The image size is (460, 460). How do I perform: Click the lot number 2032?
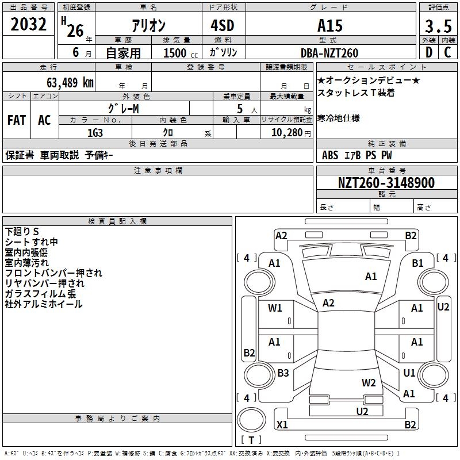tap(29, 25)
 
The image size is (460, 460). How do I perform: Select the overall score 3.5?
tap(437, 26)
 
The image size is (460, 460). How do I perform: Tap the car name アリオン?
tap(149, 26)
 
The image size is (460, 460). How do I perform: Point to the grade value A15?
tap(329, 26)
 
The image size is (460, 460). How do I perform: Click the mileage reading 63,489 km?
tap(66, 82)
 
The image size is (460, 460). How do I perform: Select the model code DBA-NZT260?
tap(329, 53)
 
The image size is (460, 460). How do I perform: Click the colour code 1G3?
tap(95, 133)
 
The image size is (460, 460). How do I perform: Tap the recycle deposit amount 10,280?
tap(285, 133)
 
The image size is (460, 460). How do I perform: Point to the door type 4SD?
tap(223, 26)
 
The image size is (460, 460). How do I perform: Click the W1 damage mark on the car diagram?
tap(275, 308)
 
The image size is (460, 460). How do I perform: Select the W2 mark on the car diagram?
tap(369, 382)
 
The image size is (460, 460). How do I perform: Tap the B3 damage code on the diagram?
tap(283, 373)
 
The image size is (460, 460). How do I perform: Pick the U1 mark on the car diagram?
tap(409, 373)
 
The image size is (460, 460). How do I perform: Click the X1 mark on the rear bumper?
tap(282, 425)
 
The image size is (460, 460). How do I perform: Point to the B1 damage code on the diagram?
tap(417, 263)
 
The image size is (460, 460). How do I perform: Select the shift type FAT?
tap(17, 120)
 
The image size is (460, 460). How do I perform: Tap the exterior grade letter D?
tap(428, 53)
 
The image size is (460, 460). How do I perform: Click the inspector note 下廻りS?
tap(21, 231)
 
